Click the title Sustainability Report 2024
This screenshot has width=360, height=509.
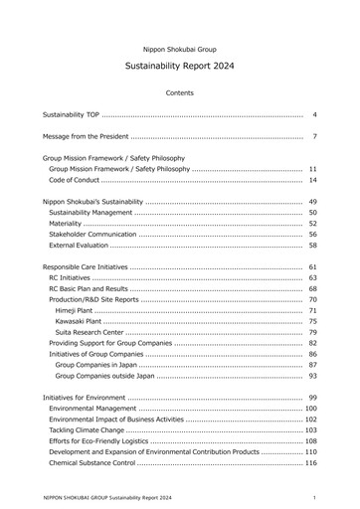[x=180, y=66]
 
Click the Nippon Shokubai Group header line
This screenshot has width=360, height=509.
[x=180, y=48]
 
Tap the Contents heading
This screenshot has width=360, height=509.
[x=180, y=92]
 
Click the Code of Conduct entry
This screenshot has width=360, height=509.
[x=73, y=180]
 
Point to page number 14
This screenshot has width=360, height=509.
[x=312, y=180]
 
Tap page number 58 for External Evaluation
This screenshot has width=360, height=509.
[x=312, y=245]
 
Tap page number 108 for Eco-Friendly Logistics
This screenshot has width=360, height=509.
[x=310, y=441]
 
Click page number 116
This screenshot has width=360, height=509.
[x=310, y=463]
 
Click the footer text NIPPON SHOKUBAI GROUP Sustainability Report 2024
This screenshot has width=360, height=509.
[x=107, y=496]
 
